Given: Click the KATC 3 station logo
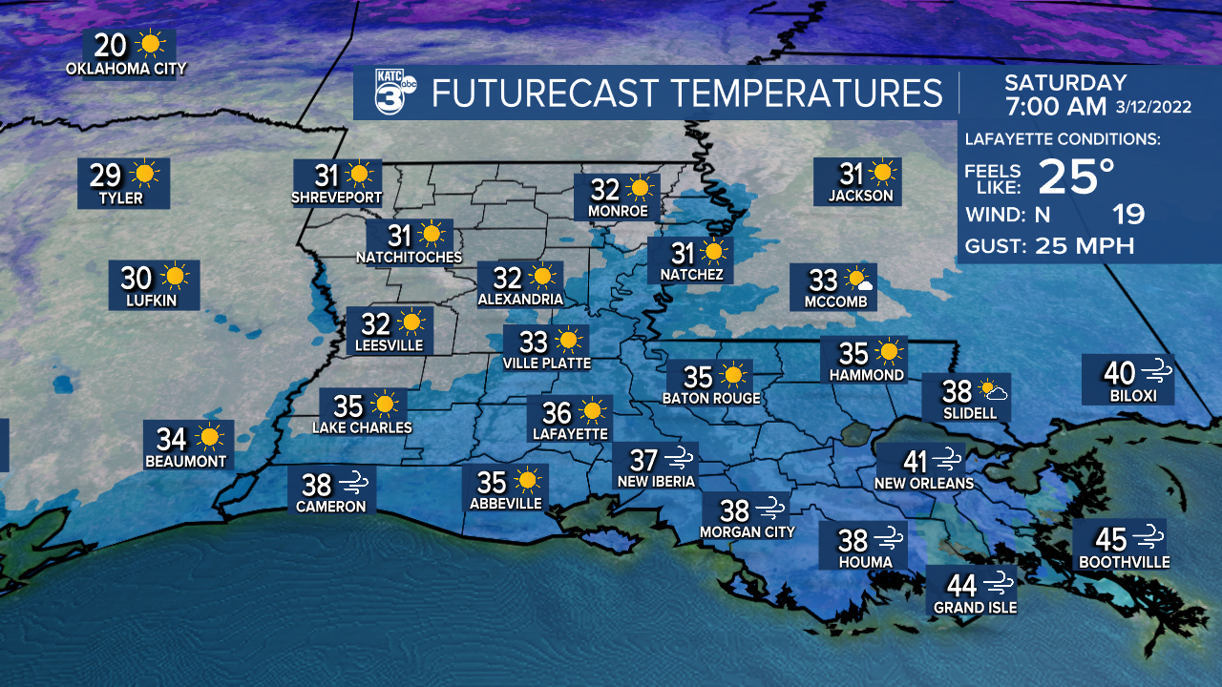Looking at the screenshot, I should tap(393, 93).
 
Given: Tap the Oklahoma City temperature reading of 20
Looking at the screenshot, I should tap(111, 45).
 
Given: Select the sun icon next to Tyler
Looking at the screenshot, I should tap(145, 175).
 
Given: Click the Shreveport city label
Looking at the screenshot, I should tap(337, 198).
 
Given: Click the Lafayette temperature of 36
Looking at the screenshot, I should tap(557, 412).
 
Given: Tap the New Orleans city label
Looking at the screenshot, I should tap(923, 484).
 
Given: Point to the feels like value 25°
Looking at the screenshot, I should tap(1076, 177).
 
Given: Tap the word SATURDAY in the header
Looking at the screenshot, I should tap(1065, 83).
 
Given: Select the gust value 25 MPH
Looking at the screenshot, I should tap(1085, 246).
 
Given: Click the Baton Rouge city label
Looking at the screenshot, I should tap(711, 398).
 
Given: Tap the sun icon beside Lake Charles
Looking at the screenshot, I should tap(384, 404).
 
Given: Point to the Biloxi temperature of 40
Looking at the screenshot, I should tap(1119, 372).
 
